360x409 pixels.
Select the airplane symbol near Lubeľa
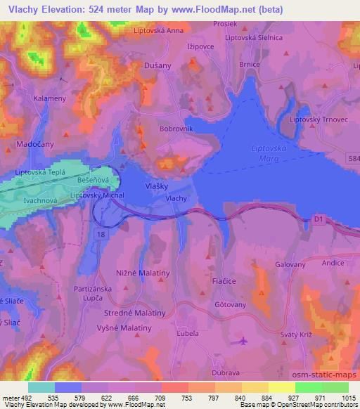[243, 342]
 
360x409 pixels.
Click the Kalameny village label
[50, 98]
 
